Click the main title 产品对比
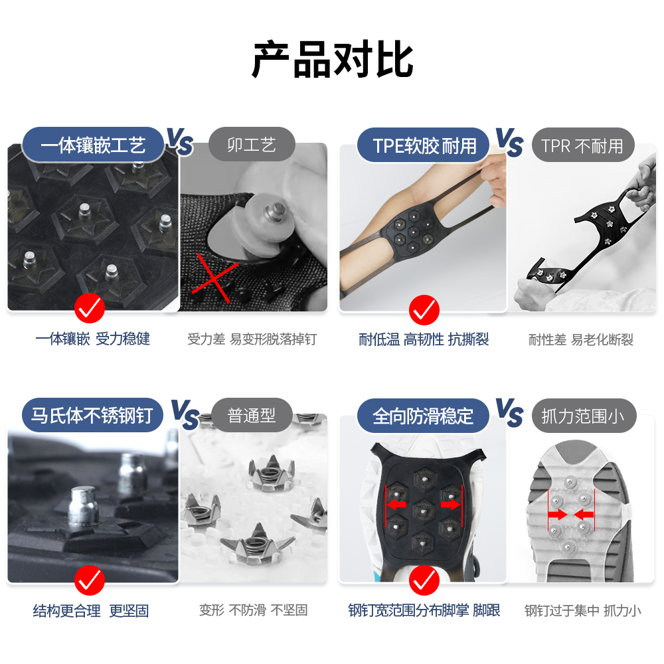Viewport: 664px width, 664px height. pos(332,60)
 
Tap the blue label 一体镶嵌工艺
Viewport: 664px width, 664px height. pos(93,145)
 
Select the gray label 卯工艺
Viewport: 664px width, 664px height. pos(252,145)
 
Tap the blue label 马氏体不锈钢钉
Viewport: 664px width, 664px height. pos(92,416)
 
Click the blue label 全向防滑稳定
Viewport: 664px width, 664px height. pos(423,416)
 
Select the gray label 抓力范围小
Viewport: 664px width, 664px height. pos(583,416)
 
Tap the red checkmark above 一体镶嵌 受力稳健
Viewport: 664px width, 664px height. pos(90,308)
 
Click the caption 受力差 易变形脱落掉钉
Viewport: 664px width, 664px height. pos(252,339)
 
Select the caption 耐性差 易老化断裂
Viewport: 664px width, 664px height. pos(581,340)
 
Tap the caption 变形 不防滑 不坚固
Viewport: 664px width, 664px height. pos(254,610)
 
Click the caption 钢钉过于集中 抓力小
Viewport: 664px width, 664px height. pos(583,610)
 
